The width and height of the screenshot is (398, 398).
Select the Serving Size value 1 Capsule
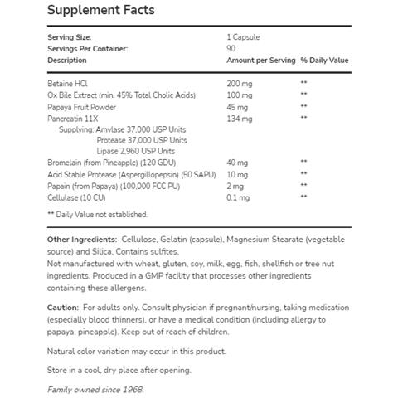243,37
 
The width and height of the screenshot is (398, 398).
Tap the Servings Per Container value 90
231,49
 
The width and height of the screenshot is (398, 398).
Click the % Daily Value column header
324,61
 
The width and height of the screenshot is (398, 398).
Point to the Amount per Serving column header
260,61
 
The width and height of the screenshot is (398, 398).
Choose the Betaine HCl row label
68,84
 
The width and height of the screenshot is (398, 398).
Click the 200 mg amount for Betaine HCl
240,84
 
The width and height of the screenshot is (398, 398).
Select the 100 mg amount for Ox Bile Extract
240,95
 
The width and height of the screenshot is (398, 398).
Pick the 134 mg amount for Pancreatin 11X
239,118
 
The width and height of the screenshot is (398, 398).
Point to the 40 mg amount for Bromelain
237,163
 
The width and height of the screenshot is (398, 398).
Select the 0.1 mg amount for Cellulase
238,197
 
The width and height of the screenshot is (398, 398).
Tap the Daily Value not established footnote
98,215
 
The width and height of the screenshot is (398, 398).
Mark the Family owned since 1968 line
95,389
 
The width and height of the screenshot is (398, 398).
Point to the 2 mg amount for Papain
235,185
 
